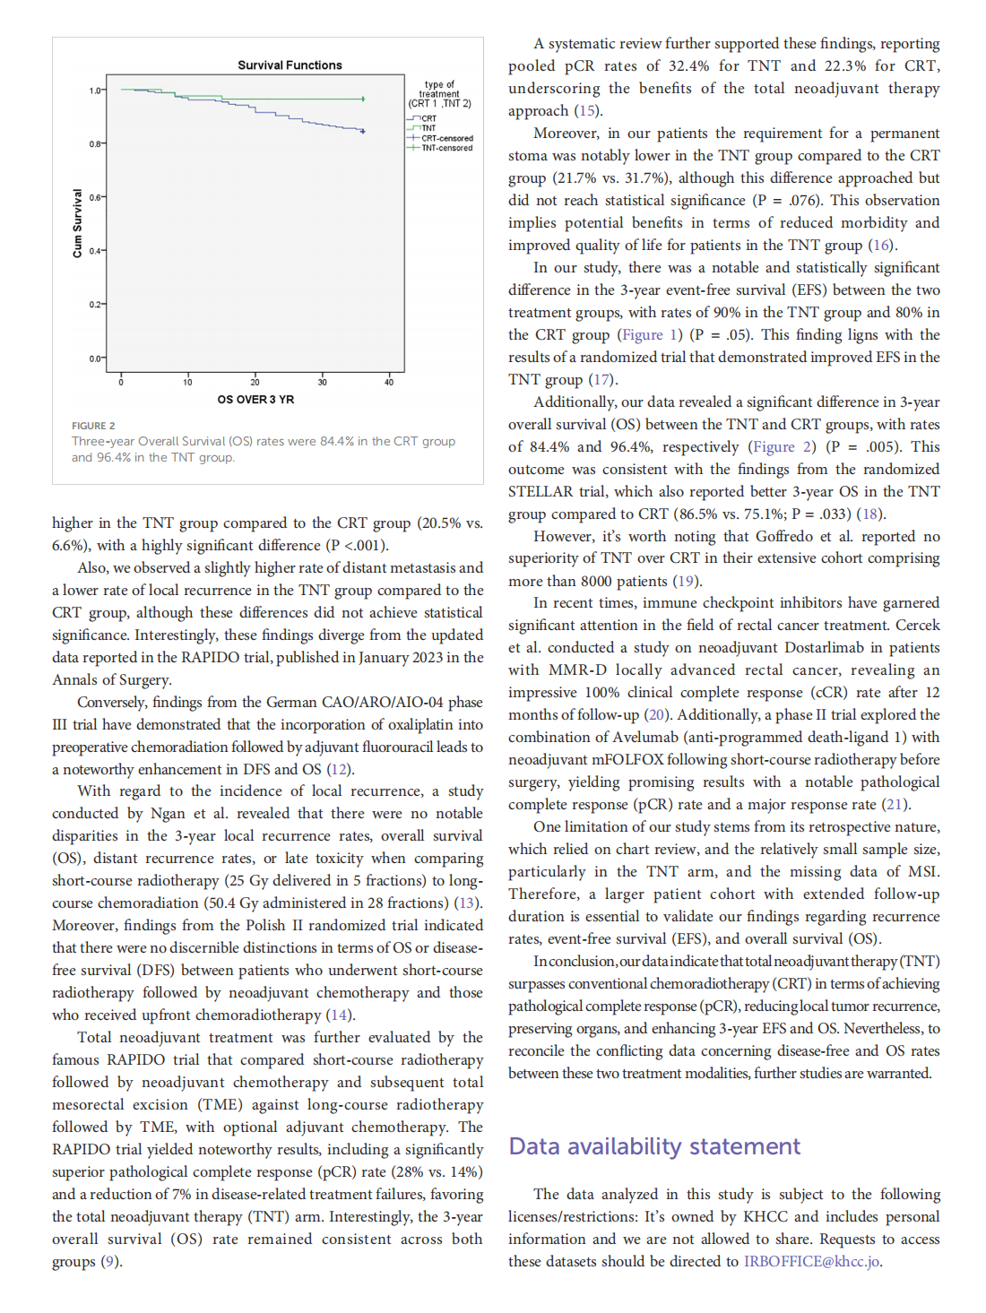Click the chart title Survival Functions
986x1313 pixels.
tap(290, 65)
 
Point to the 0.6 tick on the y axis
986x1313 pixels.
tap(95, 197)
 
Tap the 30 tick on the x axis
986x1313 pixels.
tap(322, 383)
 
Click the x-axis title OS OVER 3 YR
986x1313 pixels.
tap(255, 400)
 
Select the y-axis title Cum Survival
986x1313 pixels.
tap(77, 223)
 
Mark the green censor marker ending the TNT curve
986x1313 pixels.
tap(363, 99)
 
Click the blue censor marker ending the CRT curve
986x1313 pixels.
tap(363, 132)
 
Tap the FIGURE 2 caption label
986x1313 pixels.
tap(93, 426)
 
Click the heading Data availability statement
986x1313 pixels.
tap(654, 1146)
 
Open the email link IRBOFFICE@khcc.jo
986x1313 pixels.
tap(811, 1262)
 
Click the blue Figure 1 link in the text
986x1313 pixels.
tap(649, 335)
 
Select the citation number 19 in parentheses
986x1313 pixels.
tap(686, 582)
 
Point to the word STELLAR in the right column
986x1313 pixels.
tap(541, 492)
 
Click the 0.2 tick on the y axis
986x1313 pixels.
tap(95, 305)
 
